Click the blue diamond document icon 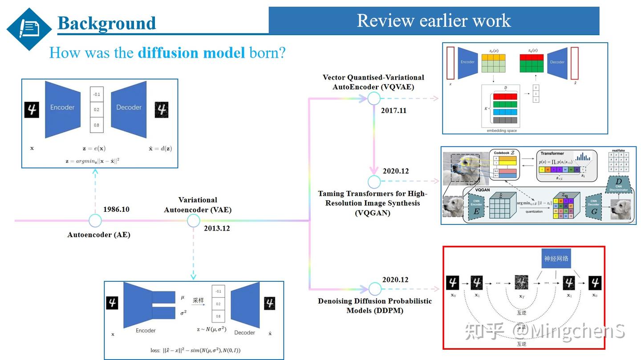[29, 29]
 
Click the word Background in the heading [107, 23]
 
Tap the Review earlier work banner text [434, 20]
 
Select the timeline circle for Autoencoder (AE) [95, 220]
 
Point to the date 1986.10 [116, 209]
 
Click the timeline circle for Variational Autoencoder [193, 220]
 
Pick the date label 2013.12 [217, 229]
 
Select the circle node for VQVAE [374, 98]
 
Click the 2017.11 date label [394, 110]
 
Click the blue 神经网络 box [556, 259]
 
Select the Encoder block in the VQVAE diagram [467, 62]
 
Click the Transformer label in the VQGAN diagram [552, 154]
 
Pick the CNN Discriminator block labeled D [618, 184]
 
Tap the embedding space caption [502, 131]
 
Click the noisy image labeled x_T [521, 283]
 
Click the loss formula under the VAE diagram [195, 350]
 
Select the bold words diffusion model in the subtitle [191, 53]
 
